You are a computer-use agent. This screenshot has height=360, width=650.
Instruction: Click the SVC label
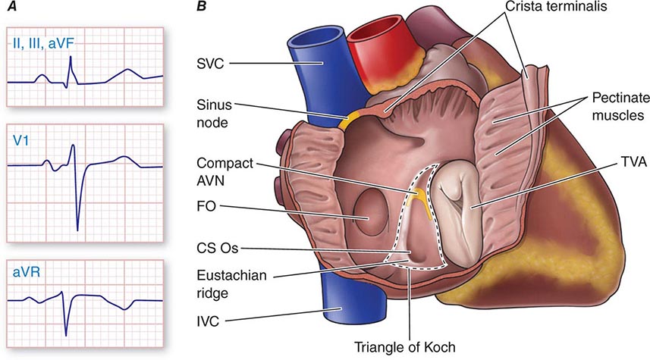coord(210,65)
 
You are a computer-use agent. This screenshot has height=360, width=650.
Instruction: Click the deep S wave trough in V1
coord(77,228)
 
